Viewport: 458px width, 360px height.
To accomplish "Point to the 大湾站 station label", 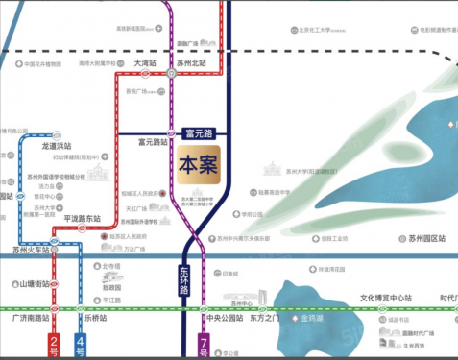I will (145, 63).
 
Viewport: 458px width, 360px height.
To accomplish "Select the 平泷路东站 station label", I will (82, 218).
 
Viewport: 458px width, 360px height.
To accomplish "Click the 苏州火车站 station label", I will (31, 250).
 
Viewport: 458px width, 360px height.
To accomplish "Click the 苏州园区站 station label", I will (426, 237).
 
